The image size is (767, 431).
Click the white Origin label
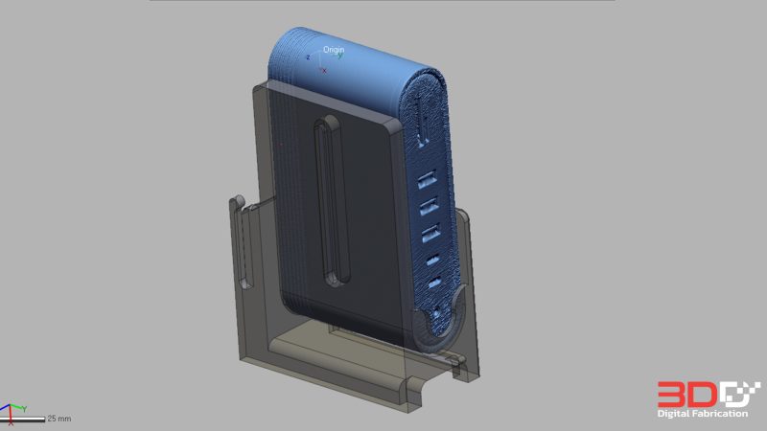[334, 50]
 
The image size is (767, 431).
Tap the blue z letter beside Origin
[308, 57]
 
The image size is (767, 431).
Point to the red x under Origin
[324, 71]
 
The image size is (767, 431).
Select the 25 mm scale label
[59, 419]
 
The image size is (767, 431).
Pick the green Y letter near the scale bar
[24, 409]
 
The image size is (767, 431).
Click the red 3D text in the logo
[688, 395]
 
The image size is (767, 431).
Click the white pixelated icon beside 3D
[741, 394]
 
